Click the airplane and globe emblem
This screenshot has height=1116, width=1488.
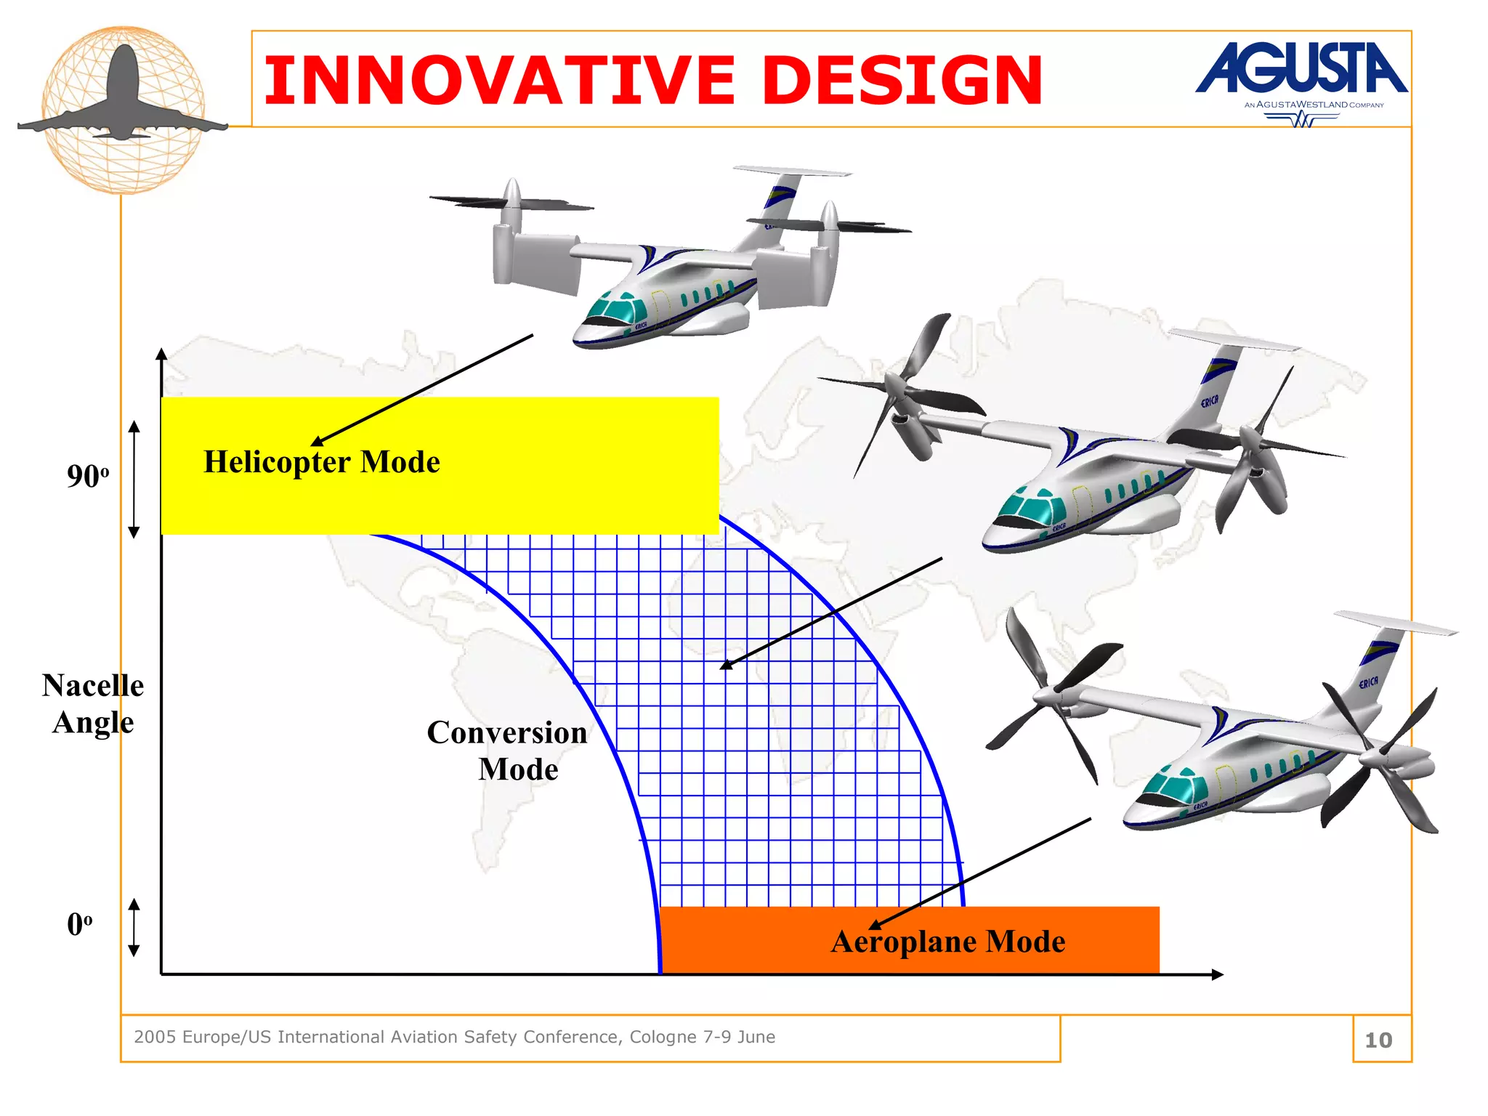123,109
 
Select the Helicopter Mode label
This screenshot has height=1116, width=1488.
322,462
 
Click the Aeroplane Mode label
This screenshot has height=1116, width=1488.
947,942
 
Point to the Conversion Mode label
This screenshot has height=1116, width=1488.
508,751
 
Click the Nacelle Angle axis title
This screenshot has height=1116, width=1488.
93,703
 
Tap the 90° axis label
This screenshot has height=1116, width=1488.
87,477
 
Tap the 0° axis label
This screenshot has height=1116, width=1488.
79,925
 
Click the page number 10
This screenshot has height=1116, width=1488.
1378,1040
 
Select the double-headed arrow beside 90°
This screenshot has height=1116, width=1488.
134,480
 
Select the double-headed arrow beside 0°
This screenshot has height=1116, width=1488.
134,927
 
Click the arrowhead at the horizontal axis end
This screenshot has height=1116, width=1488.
1218,974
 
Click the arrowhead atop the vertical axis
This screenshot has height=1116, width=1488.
161,355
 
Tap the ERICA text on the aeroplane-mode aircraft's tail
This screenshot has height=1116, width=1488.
1368,682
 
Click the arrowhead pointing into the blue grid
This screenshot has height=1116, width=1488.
725,665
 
